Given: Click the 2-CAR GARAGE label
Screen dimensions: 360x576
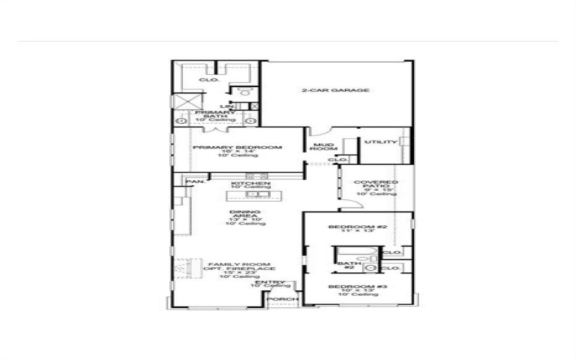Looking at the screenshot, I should (x=335, y=91).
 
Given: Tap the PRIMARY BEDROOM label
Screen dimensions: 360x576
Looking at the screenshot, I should (x=236, y=148).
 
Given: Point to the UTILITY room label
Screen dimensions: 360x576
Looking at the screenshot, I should (x=380, y=143).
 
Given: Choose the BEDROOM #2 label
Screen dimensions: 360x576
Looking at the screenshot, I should (x=358, y=228).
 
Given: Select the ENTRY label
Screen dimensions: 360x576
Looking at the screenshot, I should (x=275, y=282).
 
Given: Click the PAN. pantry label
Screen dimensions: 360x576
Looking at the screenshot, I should (x=193, y=182).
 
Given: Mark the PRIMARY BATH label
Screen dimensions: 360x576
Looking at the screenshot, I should (x=215, y=114).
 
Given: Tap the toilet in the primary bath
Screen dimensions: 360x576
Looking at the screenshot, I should (x=245, y=92).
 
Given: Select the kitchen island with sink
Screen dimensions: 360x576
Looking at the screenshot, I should (x=249, y=195).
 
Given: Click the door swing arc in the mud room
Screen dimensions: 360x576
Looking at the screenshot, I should (x=320, y=133).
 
